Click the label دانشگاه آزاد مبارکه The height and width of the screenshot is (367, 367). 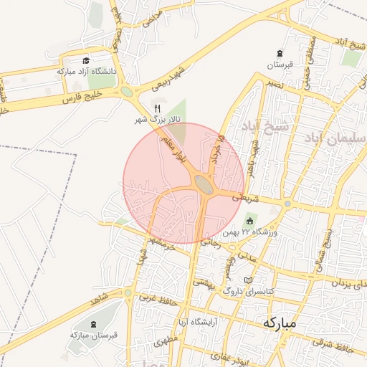(86, 72)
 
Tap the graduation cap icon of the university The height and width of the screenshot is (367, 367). (86, 61)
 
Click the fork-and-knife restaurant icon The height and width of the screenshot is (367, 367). (157, 108)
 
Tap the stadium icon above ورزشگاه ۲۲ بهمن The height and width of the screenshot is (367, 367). (250, 219)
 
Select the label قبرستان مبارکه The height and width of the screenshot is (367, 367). (93, 334)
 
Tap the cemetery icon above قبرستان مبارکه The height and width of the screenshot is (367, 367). (93, 323)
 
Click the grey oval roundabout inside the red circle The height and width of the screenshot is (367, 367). (204, 185)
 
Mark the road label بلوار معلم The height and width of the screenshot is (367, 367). (175, 144)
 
